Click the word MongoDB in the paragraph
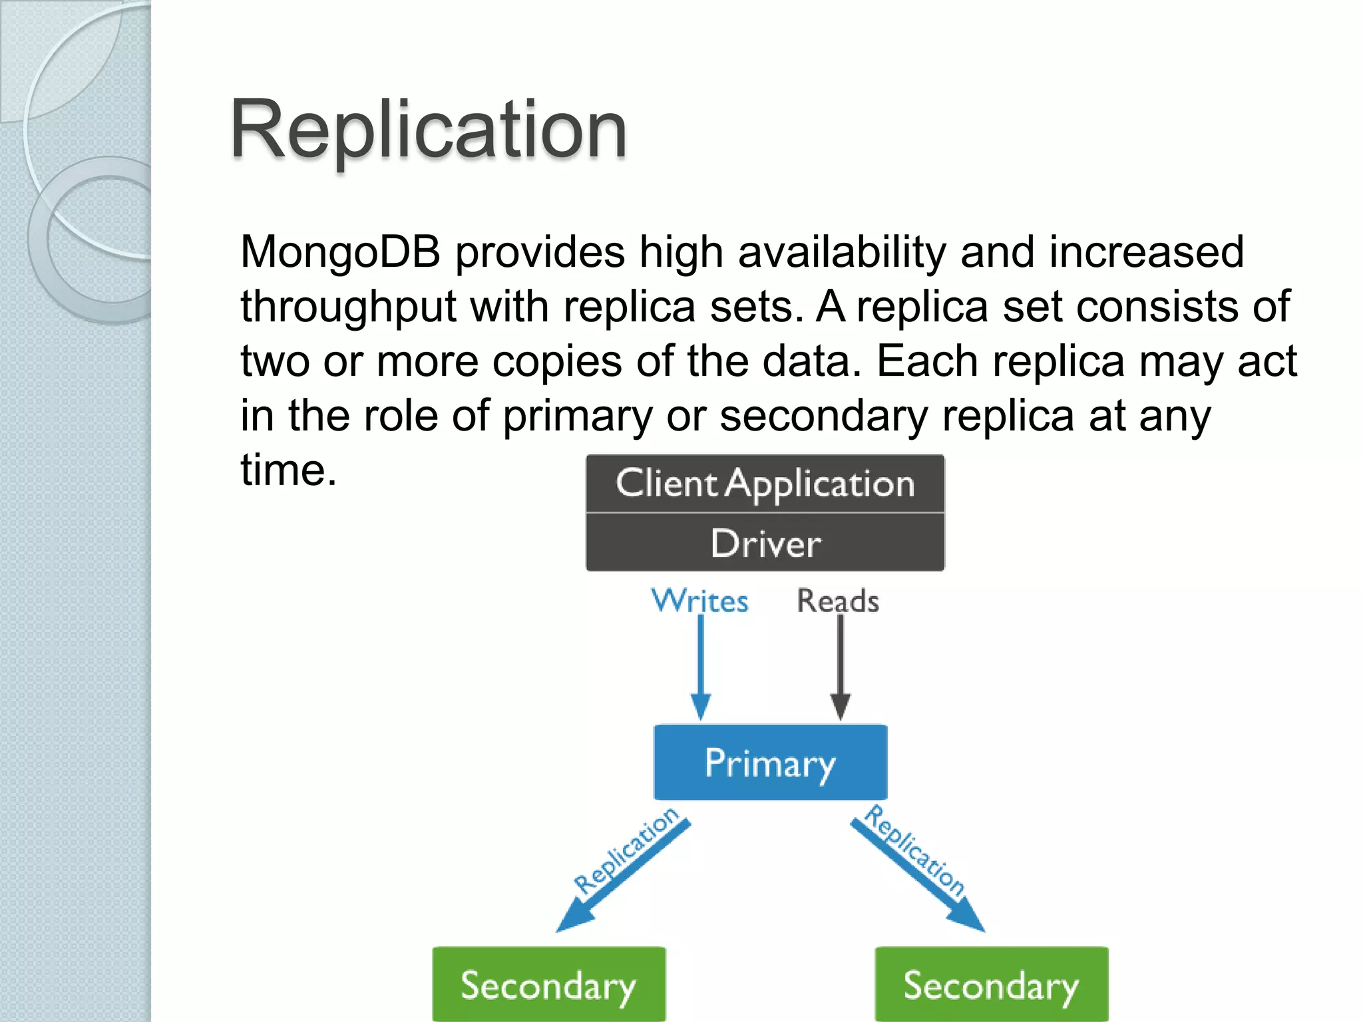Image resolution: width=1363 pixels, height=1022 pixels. tap(340, 252)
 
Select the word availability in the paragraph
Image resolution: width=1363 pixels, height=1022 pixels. tap(842, 252)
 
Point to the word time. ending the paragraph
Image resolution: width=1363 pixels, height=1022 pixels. tap(288, 470)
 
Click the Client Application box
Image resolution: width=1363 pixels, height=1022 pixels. tap(765, 484)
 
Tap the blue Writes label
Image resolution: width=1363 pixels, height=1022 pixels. tap(699, 601)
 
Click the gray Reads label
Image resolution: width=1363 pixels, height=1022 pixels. tap(838, 601)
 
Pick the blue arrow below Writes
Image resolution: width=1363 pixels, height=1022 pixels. tap(700, 665)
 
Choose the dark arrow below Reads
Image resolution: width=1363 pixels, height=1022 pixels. tap(840, 665)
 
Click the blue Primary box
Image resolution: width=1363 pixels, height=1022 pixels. tap(770, 763)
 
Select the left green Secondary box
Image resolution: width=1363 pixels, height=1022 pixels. tap(548, 985)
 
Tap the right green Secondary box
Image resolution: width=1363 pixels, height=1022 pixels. tap(991, 985)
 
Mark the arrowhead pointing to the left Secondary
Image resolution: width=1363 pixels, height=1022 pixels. tap(571, 920)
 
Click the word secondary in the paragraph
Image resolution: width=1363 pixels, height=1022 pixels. tap(823, 417)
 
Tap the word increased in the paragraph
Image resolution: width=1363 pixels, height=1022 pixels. tap(1146, 252)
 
